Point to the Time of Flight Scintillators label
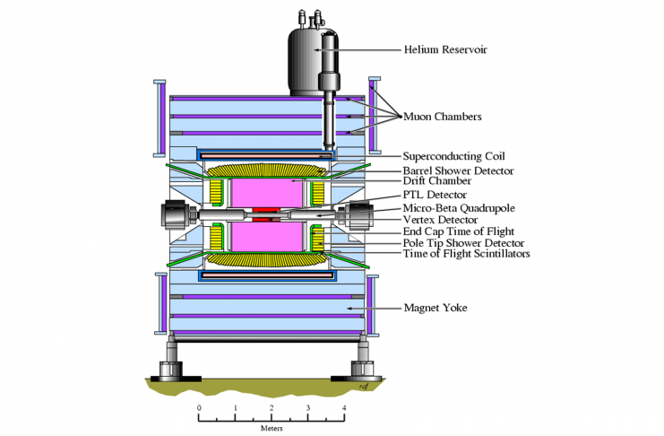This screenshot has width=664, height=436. [466, 255]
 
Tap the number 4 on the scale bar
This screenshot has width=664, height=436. [344, 408]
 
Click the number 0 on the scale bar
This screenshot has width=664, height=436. [199, 408]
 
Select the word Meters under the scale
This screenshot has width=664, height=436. [272, 427]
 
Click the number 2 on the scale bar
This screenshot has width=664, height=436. [272, 408]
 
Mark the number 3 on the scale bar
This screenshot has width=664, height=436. [308, 408]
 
